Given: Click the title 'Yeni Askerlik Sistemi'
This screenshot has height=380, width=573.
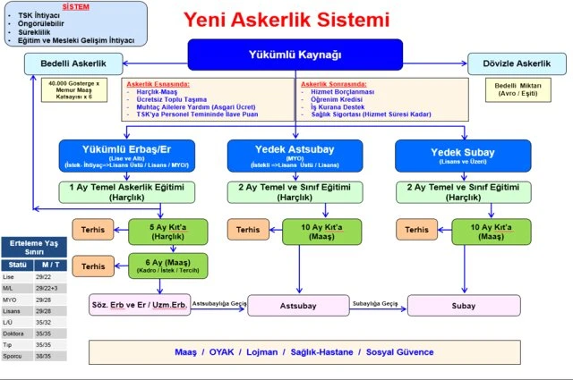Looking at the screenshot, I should pos(286,19).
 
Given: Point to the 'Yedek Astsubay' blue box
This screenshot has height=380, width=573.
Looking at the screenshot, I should pos(295,154).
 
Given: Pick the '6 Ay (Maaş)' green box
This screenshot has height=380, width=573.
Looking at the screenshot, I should pos(168,266).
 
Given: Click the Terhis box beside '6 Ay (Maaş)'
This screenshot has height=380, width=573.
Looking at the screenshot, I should pos(93,266).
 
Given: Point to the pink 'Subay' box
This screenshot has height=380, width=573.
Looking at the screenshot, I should pos(462,305).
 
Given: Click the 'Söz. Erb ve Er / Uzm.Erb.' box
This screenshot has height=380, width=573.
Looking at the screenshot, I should pos(139,305).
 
